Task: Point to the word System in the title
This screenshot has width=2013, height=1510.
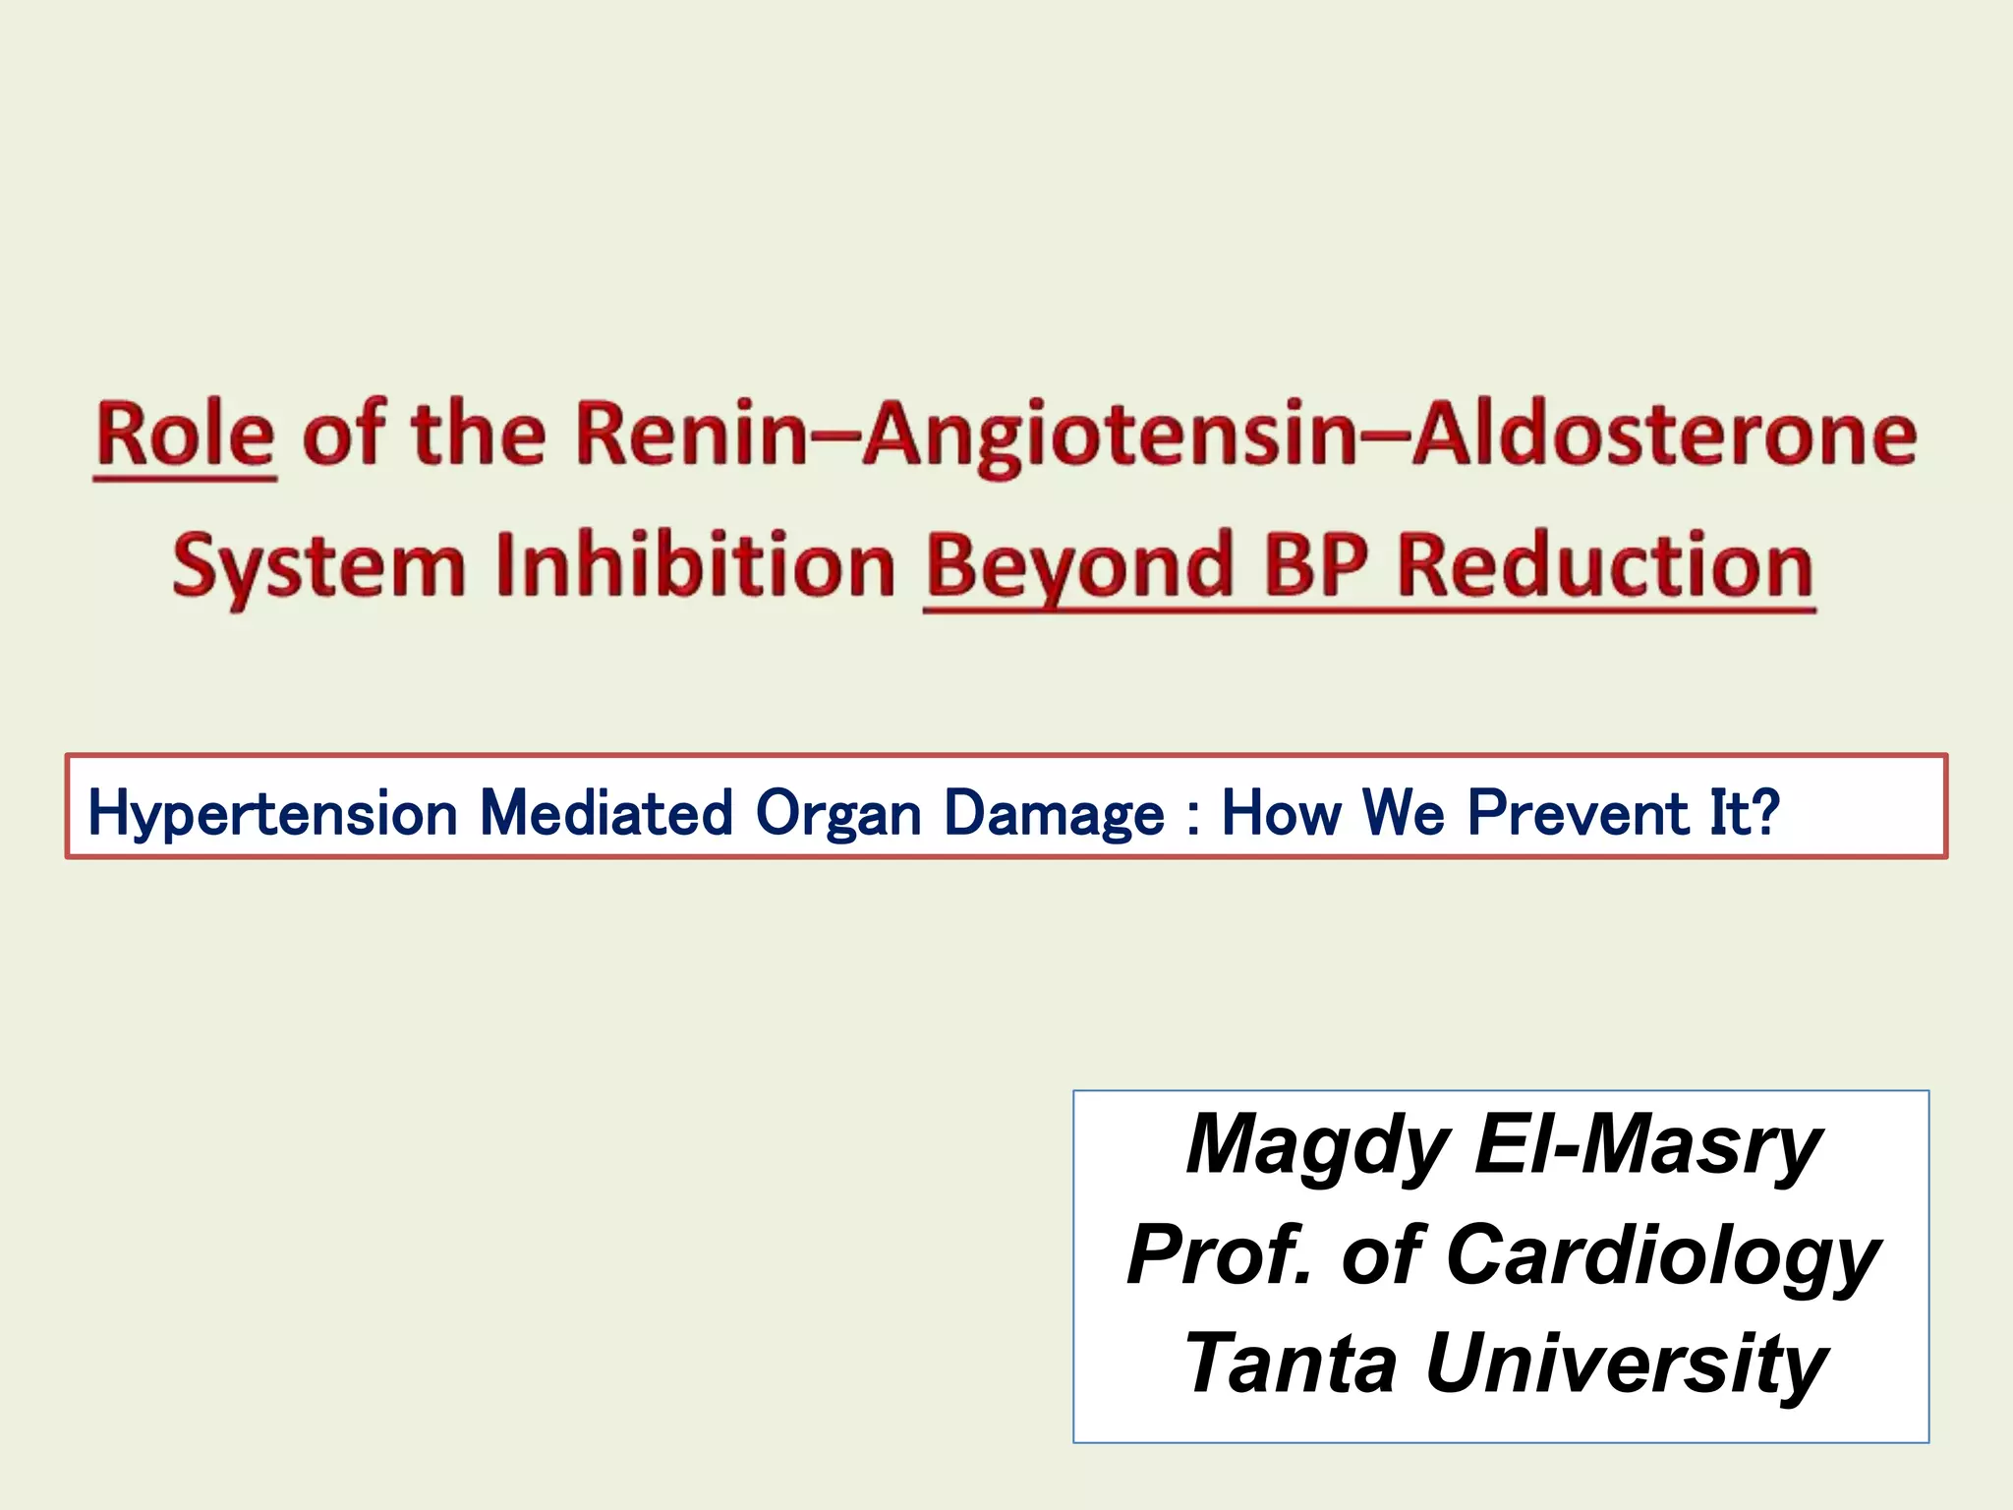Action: (x=318, y=568)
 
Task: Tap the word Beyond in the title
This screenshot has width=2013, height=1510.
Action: (x=1079, y=568)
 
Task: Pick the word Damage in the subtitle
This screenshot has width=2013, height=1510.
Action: (x=1053, y=815)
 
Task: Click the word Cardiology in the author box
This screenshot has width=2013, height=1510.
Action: (x=1662, y=1257)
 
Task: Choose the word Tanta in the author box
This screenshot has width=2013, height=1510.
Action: (x=1291, y=1364)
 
